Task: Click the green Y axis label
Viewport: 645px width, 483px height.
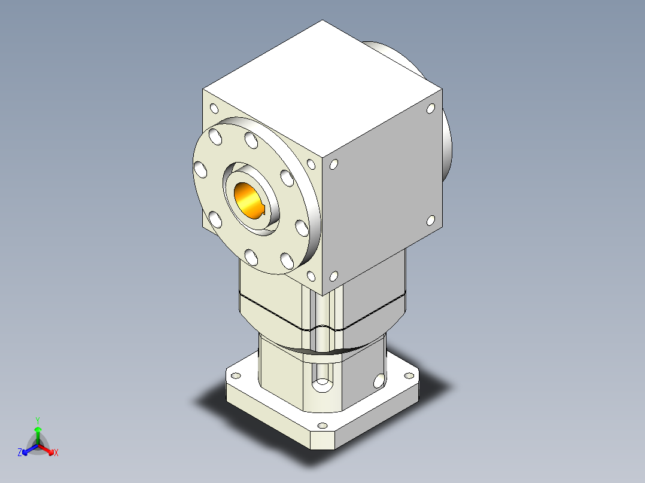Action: coord(37,420)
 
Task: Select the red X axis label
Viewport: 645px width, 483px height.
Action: coord(56,453)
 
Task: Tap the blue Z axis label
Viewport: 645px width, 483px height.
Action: coord(20,453)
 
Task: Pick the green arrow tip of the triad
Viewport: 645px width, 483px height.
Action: coord(38,429)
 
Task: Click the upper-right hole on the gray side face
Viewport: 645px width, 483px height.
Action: coord(430,109)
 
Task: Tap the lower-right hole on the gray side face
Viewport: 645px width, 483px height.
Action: coord(430,221)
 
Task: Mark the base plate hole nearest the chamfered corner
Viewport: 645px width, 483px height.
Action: coord(322,426)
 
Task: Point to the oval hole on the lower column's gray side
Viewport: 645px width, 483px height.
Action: coord(378,381)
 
